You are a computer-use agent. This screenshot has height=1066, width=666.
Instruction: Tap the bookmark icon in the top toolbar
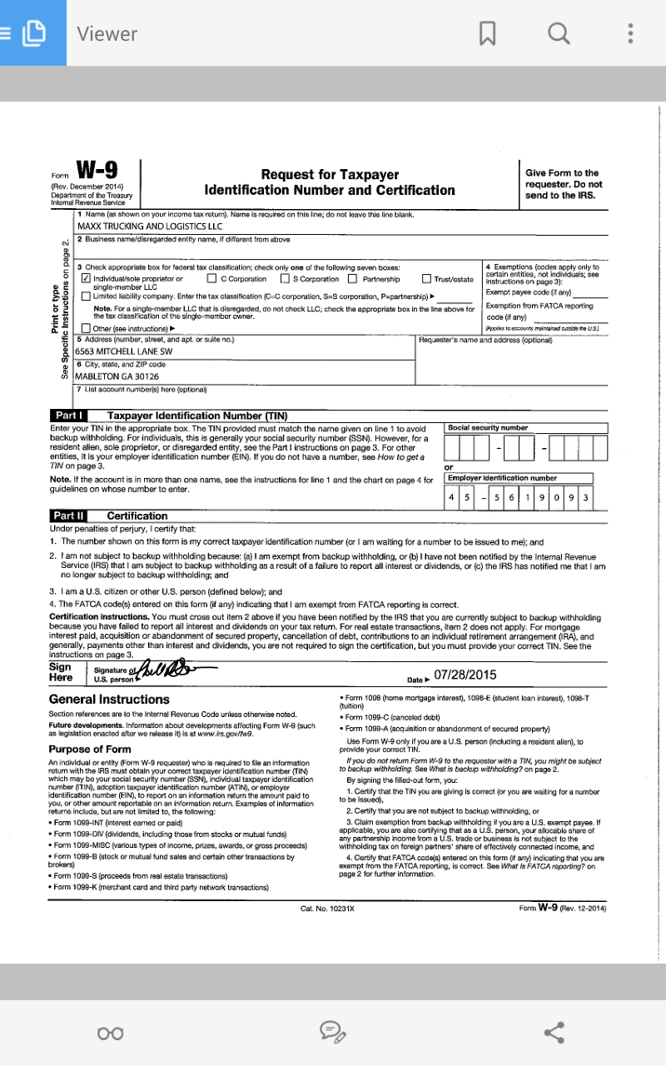coord(488,33)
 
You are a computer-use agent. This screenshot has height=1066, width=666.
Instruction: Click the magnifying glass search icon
coord(559,33)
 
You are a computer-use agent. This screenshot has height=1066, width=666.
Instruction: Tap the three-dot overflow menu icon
coord(631,33)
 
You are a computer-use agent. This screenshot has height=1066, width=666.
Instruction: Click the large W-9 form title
coord(97,170)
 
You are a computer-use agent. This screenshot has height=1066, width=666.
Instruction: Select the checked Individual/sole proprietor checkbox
coord(87,279)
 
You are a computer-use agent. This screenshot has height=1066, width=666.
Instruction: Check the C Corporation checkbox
coord(211,279)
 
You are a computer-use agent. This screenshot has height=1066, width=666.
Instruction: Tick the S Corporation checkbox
coord(285,279)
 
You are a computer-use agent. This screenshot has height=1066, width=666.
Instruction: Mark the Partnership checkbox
coord(353,279)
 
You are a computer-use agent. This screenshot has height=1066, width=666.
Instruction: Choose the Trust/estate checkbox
coord(426,279)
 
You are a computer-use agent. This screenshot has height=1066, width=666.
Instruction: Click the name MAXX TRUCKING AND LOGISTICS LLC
coord(150,226)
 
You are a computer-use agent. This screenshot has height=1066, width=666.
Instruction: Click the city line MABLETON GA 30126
coord(117,376)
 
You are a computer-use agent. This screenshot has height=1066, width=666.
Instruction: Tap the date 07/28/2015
coord(465,675)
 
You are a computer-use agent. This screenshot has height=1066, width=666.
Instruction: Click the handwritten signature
coord(166,669)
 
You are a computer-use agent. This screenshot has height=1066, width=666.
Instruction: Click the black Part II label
coord(69,516)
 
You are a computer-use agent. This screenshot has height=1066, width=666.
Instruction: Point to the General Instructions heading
coord(109,700)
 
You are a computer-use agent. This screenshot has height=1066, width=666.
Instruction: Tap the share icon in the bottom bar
coord(554,1033)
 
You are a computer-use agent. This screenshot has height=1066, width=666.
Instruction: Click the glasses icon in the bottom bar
coord(111,1034)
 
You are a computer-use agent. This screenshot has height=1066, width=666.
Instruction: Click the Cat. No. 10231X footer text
coord(327,909)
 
